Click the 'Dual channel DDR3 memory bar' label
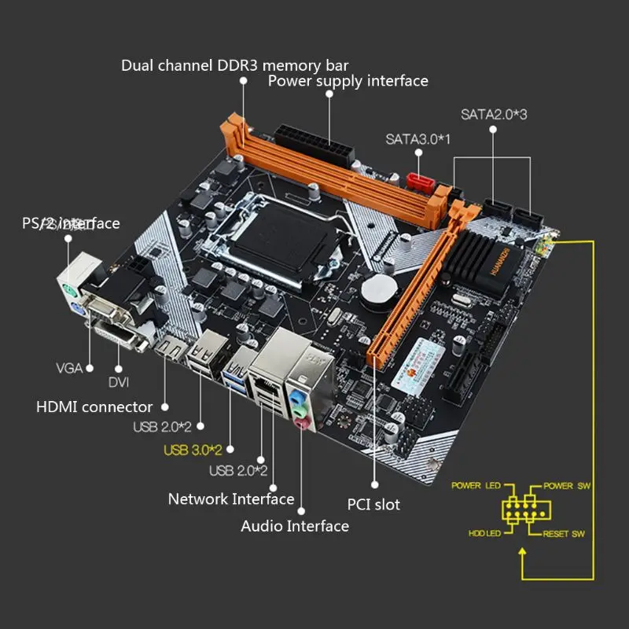point(234,64)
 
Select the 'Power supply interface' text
point(348,81)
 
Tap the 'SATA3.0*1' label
point(417,139)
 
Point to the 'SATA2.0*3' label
point(494,113)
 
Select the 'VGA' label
point(69,367)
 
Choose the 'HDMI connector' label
point(94,407)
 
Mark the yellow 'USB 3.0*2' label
point(193,450)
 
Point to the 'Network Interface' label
point(231,499)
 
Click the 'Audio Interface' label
point(295,526)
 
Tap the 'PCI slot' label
point(373,504)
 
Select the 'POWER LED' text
point(476,485)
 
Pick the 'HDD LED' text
point(485,534)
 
